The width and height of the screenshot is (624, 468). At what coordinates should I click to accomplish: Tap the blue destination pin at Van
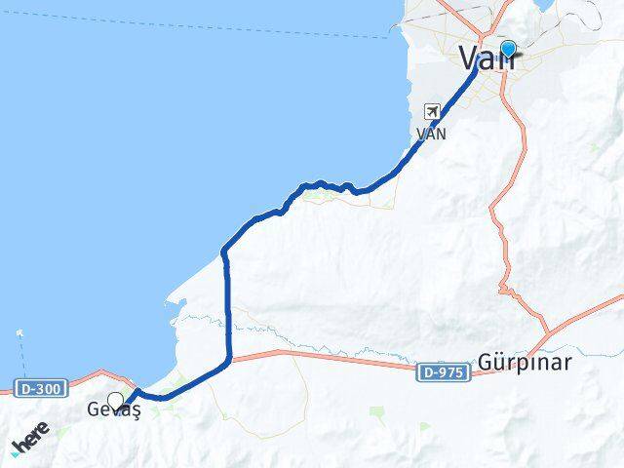[507, 49]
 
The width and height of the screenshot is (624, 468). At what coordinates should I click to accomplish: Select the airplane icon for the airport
[431, 112]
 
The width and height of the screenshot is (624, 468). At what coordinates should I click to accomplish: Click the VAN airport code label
[430, 134]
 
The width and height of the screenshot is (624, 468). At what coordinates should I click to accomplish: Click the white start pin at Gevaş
[116, 400]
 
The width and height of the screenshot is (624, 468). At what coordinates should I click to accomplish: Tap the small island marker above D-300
[19, 333]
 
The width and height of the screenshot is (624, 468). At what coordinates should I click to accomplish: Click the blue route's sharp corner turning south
[225, 253]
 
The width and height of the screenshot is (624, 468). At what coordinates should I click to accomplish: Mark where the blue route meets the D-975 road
[229, 361]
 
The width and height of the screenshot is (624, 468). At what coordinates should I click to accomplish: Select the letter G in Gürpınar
[486, 363]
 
